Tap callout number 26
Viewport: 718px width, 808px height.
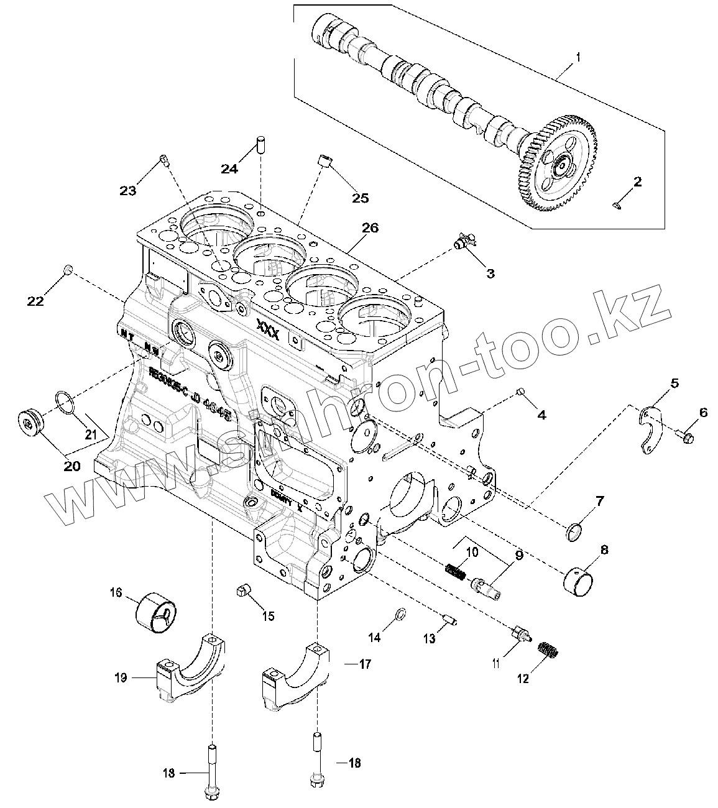[x=370, y=228]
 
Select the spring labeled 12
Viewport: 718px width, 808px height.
[x=547, y=651]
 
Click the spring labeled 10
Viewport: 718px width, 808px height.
[x=455, y=570]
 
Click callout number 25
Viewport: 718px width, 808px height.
[x=360, y=198]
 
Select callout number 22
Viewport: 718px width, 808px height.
[x=35, y=301]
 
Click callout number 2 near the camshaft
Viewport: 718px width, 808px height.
[x=637, y=182]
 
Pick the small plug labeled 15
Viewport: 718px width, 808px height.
[x=243, y=590]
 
